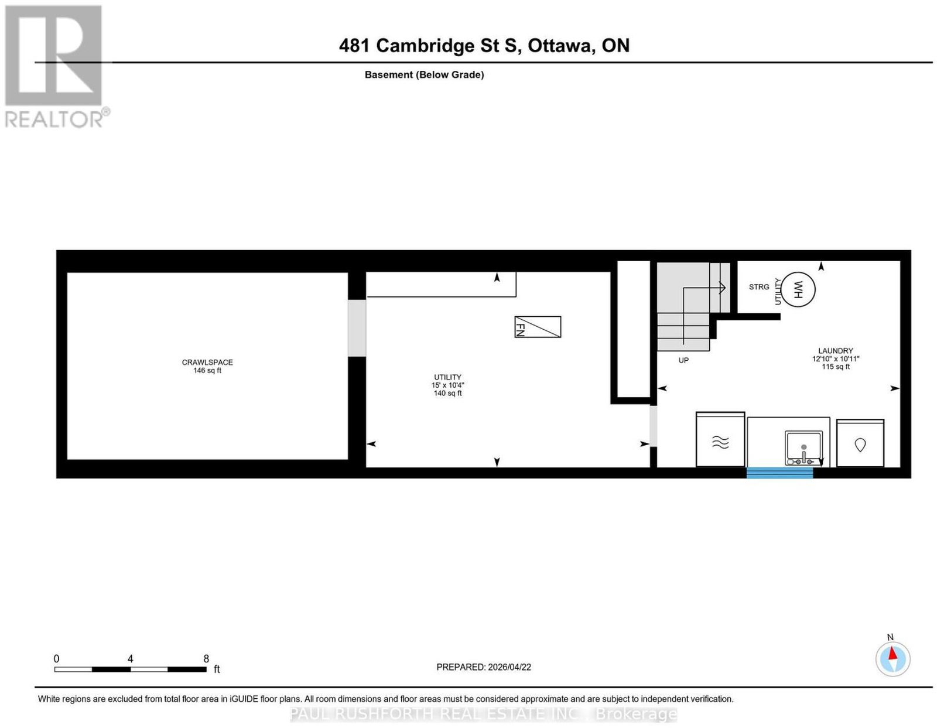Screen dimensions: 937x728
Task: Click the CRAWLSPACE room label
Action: [207, 362]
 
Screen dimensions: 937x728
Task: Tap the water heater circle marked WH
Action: [797, 289]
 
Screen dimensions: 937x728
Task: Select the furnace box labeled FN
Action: [537, 327]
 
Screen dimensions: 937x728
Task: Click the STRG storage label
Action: [758, 286]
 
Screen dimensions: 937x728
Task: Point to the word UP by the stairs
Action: [683, 360]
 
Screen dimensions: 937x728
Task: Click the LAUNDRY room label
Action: [835, 351]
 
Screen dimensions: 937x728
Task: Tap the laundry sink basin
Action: [803, 448]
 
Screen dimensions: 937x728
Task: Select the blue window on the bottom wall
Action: [779, 473]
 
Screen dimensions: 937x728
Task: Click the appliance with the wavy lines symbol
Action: [720, 439]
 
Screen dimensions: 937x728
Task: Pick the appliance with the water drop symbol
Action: [860, 443]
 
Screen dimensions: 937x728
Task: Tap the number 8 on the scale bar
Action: [206, 659]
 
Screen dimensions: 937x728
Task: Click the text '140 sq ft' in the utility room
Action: [447, 393]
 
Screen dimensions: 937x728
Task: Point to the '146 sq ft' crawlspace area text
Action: [207, 370]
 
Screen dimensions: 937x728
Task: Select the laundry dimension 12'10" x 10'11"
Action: [835, 358]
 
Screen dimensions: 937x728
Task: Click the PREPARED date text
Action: [483, 667]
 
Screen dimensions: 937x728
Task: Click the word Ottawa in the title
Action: [561, 45]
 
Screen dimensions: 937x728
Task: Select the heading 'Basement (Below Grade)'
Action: [424, 74]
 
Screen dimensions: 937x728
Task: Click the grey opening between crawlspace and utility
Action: [357, 328]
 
